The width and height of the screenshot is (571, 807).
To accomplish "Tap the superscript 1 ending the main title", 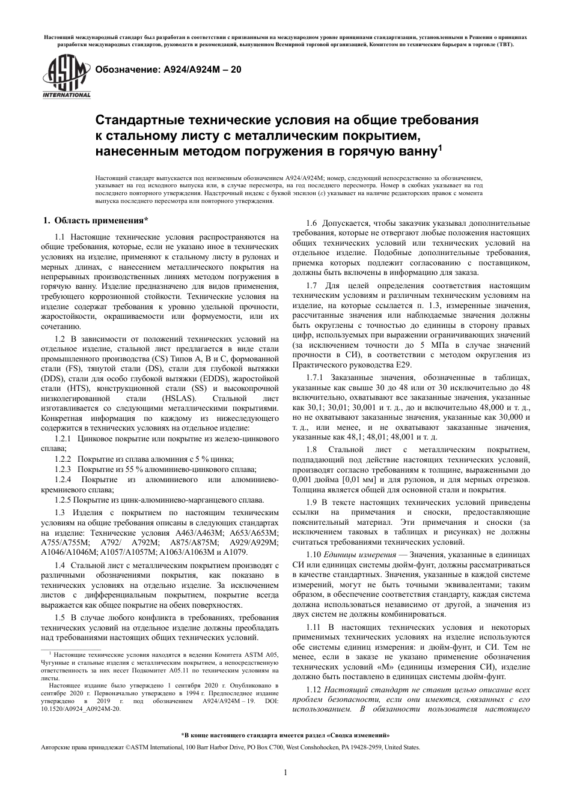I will coord(439,146).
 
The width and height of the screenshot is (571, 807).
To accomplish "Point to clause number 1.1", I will coord(62,238).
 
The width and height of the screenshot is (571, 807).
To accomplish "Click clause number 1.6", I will coord(312,224).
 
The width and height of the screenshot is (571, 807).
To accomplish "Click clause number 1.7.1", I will coord(316,377).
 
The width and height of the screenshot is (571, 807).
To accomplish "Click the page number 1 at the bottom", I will coord(285,772).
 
